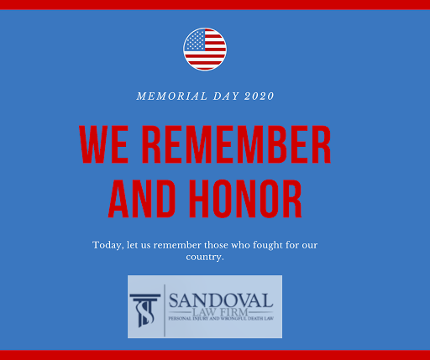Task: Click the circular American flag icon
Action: point(205,50)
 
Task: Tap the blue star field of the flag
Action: point(195,40)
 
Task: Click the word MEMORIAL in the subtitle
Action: point(172,97)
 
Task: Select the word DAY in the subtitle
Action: point(226,97)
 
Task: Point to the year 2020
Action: point(260,97)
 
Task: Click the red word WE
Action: point(104,144)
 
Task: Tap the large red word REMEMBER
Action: point(237,144)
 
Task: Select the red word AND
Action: point(142,199)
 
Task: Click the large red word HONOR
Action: point(245,199)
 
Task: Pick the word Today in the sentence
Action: point(108,245)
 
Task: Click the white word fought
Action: point(268,245)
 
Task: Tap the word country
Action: point(205,257)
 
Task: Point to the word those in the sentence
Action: point(216,245)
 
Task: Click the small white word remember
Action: point(177,245)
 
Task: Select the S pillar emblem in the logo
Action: point(145,310)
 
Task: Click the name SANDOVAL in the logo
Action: point(221,300)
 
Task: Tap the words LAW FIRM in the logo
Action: point(220,312)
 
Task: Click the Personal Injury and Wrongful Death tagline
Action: point(221,318)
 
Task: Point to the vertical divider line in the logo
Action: point(165,310)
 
